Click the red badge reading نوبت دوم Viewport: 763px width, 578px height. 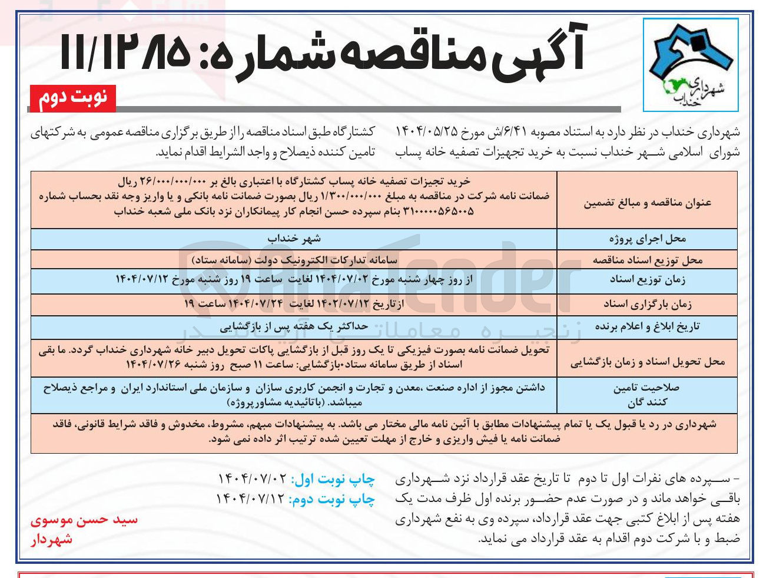tap(72, 98)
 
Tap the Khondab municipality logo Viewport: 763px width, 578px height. tap(690, 65)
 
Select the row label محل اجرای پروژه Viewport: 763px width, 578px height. tap(647, 239)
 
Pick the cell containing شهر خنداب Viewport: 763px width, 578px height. tap(294, 239)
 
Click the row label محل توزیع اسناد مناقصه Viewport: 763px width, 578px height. tap(647, 260)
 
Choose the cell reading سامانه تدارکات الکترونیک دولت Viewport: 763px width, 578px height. tap(294, 259)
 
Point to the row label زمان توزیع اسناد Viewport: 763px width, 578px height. tap(647, 280)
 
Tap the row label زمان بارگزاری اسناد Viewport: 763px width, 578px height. tap(647, 304)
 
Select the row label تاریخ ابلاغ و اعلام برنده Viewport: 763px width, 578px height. tap(647, 327)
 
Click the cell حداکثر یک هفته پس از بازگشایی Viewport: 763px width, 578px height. tap(294, 326)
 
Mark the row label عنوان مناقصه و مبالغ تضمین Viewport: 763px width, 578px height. tap(647, 203)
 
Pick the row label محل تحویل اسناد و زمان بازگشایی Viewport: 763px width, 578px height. tap(647, 362)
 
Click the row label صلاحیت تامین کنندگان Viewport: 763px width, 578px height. tap(647, 395)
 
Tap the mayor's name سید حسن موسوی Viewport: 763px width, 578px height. tap(84, 520)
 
